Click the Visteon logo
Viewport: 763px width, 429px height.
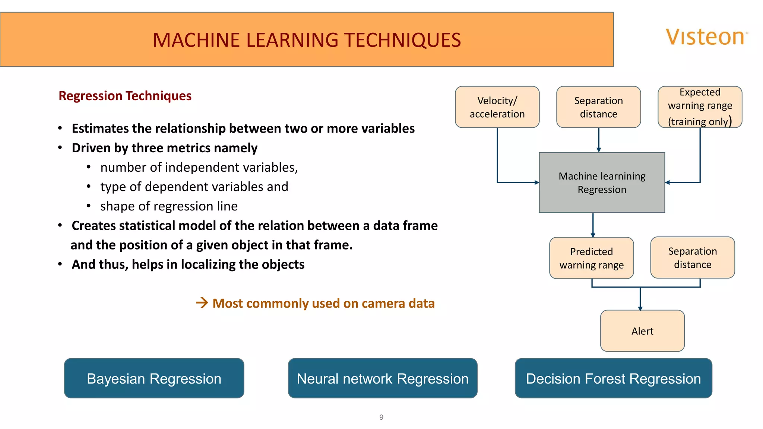(706, 37)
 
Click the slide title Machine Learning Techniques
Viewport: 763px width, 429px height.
(307, 40)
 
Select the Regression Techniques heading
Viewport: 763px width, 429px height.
(125, 96)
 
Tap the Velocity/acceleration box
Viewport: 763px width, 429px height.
(497, 107)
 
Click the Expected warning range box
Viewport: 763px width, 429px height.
(700, 107)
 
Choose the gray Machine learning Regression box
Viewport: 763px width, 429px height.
(602, 182)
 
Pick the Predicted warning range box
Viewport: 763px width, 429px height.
(591, 258)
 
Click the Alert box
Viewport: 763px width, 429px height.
(642, 331)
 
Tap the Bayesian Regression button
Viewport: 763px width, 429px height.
(154, 378)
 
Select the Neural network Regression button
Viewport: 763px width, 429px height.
(382, 378)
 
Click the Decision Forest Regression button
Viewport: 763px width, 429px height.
(613, 378)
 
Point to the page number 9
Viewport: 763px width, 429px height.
(381, 417)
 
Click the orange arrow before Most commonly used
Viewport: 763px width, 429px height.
(202, 303)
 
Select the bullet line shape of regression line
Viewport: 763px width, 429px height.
(169, 206)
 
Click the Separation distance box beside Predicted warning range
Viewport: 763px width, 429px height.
(693, 258)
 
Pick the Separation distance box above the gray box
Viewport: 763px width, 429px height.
(598, 107)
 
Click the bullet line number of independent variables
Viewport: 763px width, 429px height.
(199, 168)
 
